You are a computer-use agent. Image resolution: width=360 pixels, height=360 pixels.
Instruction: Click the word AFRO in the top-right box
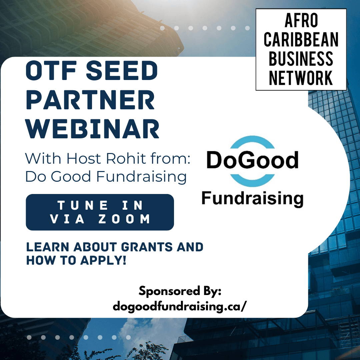pyautogui.click(x=301, y=21)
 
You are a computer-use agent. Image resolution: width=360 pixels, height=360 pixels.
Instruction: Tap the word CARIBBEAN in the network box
pyautogui.click(x=301, y=40)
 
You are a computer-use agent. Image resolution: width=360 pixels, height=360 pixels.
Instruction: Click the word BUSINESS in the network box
pyautogui.click(x=301, y=59)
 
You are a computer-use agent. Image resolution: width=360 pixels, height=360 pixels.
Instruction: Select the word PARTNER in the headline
pyautogui.click(x=90, y=100)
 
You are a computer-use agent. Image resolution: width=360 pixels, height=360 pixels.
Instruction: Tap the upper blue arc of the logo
pyautogui.click(x=252, y=141)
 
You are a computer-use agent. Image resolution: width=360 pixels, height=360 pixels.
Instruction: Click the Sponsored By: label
pyautogui.click(x=180, y=291)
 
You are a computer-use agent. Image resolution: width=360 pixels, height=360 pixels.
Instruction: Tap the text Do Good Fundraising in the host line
pyautogui.click(x=106, y=177)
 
